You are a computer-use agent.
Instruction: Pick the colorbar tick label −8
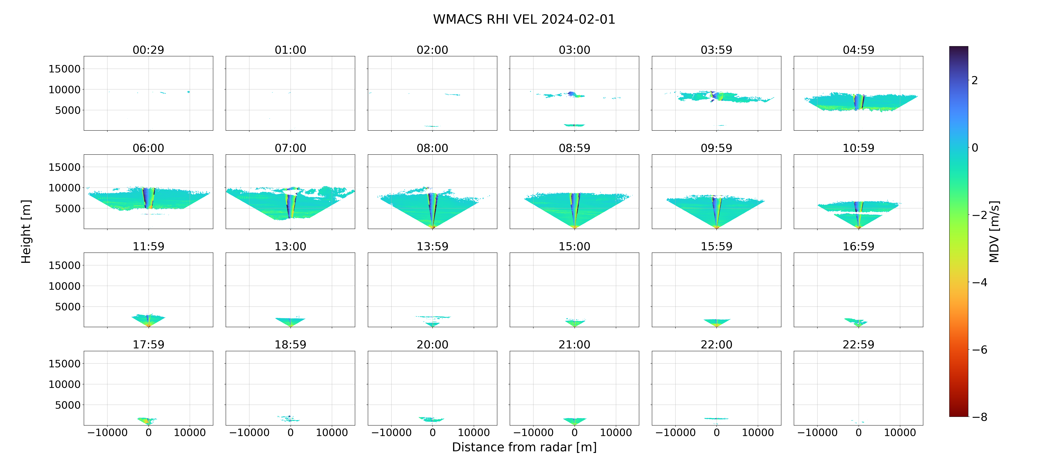[980, 417]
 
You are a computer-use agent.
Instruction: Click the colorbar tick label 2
[975, 80]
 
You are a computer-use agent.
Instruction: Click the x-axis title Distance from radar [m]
[524, 447]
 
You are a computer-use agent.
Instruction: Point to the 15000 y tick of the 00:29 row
[64, 69]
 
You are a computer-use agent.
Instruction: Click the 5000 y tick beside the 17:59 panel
[68, 405]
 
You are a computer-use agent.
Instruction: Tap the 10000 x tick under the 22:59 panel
[900, 432]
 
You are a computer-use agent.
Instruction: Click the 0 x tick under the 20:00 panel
[433, 432]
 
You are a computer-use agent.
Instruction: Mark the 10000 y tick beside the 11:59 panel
[64, 286]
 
